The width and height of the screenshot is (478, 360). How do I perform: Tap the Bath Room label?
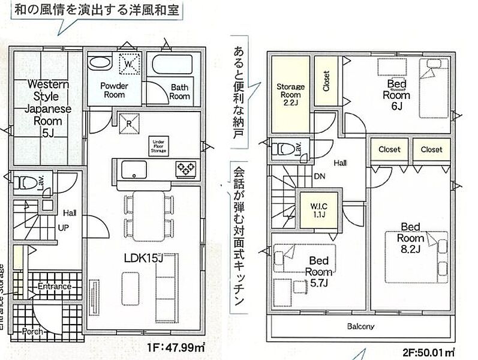pyautogui.click(x=179, y=91)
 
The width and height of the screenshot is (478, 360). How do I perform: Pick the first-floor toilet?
pyautogui.click(x=27, y=183)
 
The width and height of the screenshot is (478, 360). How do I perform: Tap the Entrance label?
pyautogui.click(x=54, y=287)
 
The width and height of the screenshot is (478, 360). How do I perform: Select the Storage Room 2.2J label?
pyautogui.click(x=290, y=94)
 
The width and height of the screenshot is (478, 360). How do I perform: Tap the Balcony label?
pyautogui.click(x=360, y=326)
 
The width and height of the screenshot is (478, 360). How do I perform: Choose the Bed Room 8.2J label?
pyautogui.click(x=410, y=238)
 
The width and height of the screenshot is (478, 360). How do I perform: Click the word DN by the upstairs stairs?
pyautogui.click(x=320, y=177)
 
